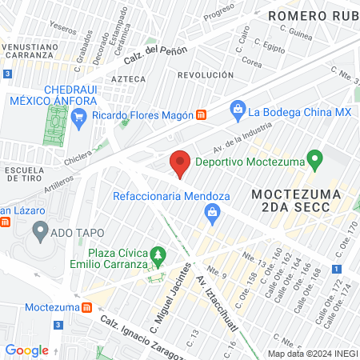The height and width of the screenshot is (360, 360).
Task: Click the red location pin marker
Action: tap(180, 163)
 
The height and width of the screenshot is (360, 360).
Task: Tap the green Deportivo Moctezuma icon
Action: tap(315, 159)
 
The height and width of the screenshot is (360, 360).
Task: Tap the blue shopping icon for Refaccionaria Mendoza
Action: tap(212, 212)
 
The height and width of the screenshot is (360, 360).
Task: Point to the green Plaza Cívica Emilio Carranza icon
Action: tap(158, 255)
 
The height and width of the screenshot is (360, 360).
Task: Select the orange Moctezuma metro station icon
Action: tap(86, 307)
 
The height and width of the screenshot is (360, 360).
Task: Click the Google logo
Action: tap(26, 350)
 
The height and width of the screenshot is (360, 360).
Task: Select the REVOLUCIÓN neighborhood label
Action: tap(206, 74)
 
